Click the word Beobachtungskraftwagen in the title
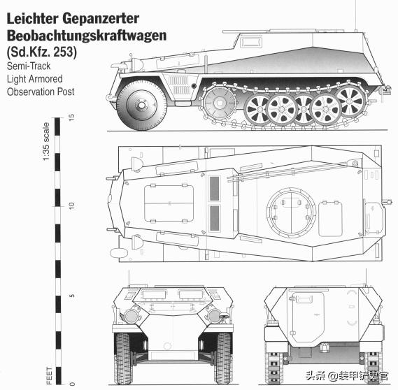87,36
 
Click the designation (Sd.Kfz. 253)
42,52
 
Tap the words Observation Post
41,92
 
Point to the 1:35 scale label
46,141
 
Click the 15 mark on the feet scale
72,117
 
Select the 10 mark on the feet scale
72,205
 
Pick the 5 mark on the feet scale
72,296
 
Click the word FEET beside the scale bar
50,375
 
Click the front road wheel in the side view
141,106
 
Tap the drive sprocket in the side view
220,103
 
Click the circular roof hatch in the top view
291,212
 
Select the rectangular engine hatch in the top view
169,203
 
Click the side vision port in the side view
251,42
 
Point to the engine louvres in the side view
178,85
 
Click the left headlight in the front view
132,316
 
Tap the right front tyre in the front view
223,359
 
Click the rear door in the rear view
308,317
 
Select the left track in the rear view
273,368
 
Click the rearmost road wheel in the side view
352,101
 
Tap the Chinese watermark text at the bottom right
347,375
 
